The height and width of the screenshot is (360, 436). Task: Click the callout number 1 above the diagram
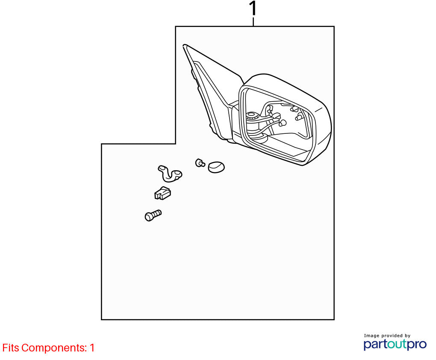click(253, 9)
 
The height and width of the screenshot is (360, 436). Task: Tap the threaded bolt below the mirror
click(153, 215)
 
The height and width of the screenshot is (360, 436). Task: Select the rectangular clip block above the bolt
click(162, 193)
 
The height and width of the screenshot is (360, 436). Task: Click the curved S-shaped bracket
click(170, 174)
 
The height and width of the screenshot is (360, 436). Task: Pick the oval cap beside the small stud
click(216, 167)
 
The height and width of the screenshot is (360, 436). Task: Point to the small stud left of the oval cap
click(200, 163)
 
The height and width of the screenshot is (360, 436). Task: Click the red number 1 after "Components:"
click(92, 348)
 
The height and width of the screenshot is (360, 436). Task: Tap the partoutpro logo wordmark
click(395, 345)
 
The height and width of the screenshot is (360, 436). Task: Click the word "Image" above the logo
click(371, 336)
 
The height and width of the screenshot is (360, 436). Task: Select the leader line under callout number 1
click(253, 22)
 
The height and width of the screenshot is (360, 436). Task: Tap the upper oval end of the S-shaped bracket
click(162, 168)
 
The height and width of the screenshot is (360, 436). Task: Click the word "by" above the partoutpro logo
click(407, 336)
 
